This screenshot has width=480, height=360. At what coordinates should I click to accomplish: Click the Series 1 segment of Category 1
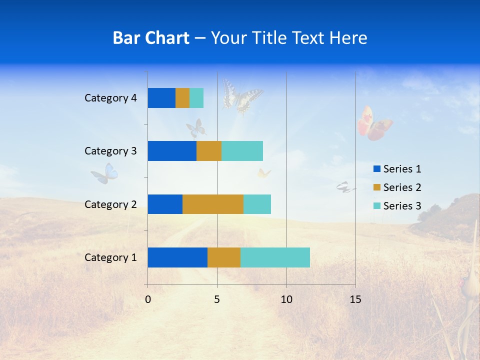[x=177, y=257]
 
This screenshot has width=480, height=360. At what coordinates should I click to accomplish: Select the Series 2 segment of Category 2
[x=212, y=204]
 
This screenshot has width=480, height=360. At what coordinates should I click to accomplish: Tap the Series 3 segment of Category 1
[x=275, y=257]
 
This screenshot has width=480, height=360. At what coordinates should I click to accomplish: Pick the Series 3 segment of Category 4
[x=196, y=98]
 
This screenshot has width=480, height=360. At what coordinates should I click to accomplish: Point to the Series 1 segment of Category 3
[x=171, y=151]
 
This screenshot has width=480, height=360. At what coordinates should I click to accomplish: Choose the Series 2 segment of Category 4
[x=182, y=98]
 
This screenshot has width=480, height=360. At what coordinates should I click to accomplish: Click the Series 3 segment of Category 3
[x=242, y=151]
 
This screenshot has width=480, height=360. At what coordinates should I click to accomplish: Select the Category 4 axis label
[x=110, y=98]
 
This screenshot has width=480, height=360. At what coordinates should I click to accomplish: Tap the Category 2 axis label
[x=110, y=204]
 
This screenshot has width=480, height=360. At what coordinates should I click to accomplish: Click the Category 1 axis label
[x=110, y=257]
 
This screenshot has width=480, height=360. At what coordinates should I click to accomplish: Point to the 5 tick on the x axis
[x=217, y=299]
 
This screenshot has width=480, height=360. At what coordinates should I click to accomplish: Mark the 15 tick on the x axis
[x=355, y=299]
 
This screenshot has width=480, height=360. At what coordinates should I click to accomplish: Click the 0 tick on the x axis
[x=148, y=299]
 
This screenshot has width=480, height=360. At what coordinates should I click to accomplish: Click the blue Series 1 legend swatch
[x=376, y=169]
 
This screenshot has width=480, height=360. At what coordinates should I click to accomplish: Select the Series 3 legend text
[x=402, y=206]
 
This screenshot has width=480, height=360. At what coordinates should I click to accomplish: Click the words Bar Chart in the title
[x=151, y=38]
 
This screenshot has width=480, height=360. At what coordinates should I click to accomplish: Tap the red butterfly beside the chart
[x=374, y=123]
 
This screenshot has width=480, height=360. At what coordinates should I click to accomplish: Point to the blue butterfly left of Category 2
[x=105, y=173]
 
